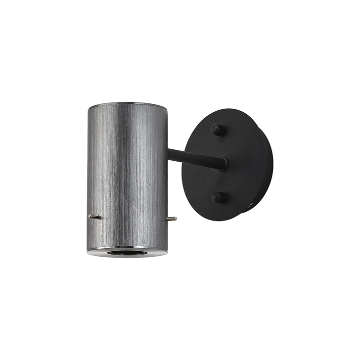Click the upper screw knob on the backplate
(x=219, y=130)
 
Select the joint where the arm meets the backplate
(x=223, y=164)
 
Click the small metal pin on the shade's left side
(x=94, y=216)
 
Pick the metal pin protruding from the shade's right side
(x=171, y=218)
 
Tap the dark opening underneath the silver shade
(x=127, y=253)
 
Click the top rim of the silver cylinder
(x=127, y=105)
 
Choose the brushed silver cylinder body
(x=127, y=173)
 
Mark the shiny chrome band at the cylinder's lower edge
(x=127, y=247)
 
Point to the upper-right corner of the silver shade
(x=167, y=107)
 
